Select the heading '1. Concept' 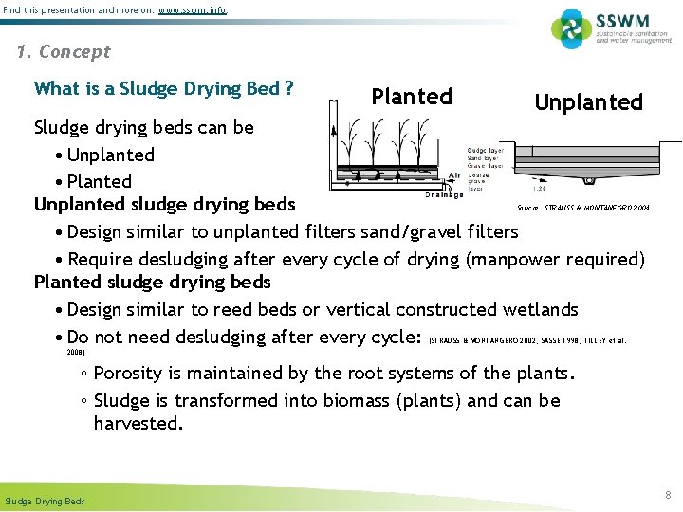pos(64,52)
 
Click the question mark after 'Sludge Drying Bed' pos(287,89)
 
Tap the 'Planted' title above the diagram pos(412,97)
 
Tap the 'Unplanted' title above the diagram pos(588,102)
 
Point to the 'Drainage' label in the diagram pos(444,194)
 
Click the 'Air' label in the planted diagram pos(454,175)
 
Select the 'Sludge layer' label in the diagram pos(485,151)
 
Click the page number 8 pos(668,493)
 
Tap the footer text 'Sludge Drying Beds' pos(45,501)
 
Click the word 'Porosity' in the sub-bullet pos(132,374)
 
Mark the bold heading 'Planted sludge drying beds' pos(152,283)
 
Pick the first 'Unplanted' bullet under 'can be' pos(111,155)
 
